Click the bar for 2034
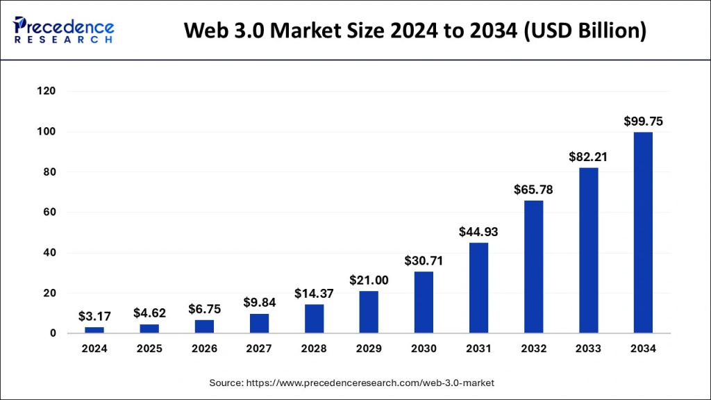pos(643,233)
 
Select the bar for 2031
pos(478,287)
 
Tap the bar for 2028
pos(314,319)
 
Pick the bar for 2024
pos(94,330)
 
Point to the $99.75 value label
pos(643,121)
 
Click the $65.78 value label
pos(533,189)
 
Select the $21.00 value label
pos(369,280)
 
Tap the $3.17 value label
pos(94,316)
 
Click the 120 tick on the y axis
pos(47,91)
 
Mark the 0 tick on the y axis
pos(53,333)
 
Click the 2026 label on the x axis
pos(204,349)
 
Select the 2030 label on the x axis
pos(424,349)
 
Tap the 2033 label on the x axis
pos(588,349)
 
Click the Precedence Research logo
pos(64,30)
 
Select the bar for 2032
pos(533,267)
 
